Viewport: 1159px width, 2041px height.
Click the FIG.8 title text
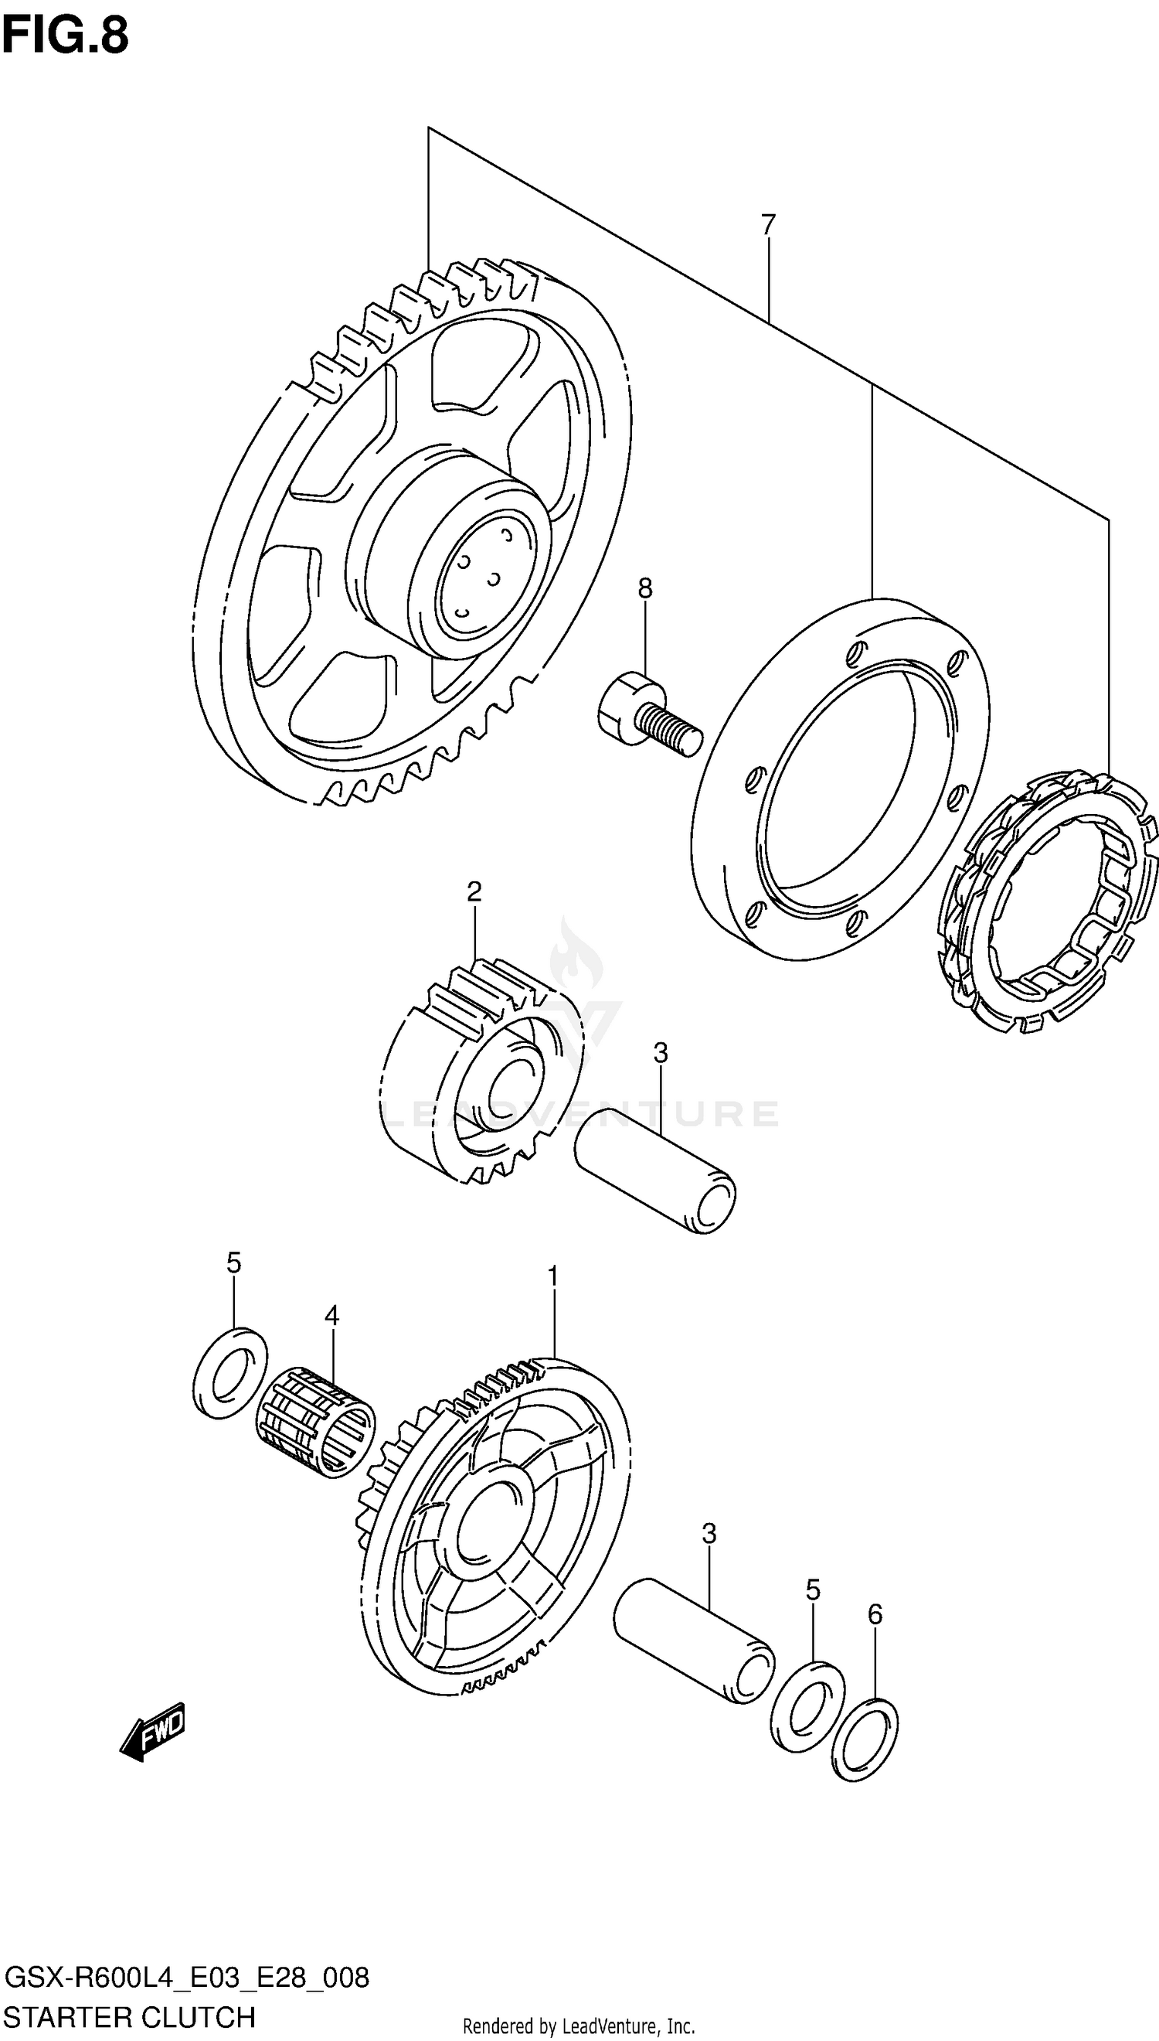coord(65,36)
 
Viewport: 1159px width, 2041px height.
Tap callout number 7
coord(767,227)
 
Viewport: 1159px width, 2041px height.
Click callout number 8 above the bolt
coord(644,588)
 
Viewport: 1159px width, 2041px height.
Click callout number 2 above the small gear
coord(474,891)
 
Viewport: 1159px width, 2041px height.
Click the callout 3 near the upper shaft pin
coord(661,1053)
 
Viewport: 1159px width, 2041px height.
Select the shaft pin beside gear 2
coord(654,1170)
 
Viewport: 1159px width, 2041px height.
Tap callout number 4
coord(332,1316)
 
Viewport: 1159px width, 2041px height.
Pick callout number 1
coord(552,1277)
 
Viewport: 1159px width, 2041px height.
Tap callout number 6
coord(875,1614)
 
